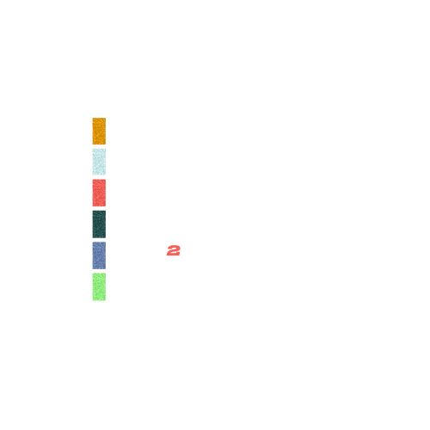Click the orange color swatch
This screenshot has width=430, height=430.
pos(99,131)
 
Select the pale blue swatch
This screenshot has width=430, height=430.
pos(99,162)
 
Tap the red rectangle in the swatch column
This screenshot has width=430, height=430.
pos(99,193)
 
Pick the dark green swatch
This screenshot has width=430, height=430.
pos(99,224)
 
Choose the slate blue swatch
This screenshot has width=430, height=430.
pos(99,255)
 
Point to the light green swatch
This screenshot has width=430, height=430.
pos(99,287)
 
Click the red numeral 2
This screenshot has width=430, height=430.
pos(174,250)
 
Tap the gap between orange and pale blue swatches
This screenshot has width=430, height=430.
pos(99,146)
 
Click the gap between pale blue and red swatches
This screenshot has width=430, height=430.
pos(99,177)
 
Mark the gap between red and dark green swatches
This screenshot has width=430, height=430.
pos(99,208)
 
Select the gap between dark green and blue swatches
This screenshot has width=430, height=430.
pos(99,240)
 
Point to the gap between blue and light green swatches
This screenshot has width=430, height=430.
pos(99,271)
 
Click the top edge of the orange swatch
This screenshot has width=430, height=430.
pos(99,118)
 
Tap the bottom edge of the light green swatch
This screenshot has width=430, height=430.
pos(99,300)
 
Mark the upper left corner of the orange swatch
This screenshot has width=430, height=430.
pos(93,118)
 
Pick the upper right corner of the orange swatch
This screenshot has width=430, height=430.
pos(106,118)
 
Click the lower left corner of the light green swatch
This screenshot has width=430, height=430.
pos(93,300)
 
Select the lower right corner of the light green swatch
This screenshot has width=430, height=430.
pos(106,300)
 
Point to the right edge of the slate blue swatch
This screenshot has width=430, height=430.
pos(106,255)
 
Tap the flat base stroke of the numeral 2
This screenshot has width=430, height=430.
pos(173,255)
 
